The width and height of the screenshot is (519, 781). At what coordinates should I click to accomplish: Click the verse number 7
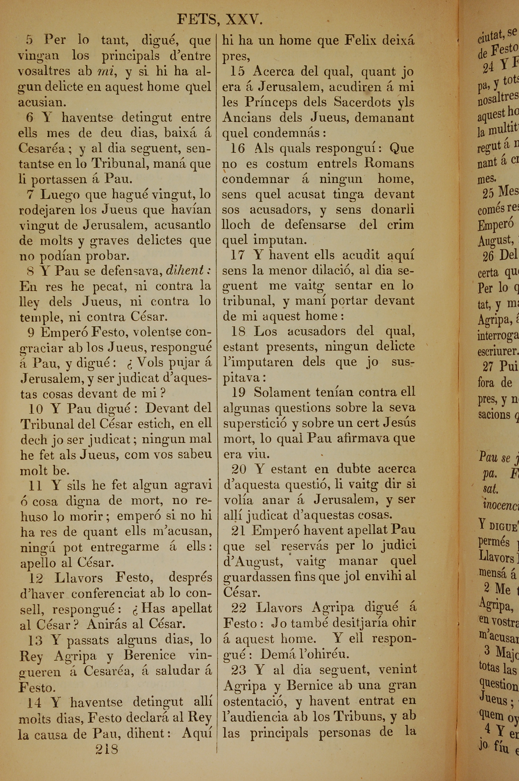(30, 194)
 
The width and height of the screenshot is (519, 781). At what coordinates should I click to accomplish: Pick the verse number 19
(238, 393)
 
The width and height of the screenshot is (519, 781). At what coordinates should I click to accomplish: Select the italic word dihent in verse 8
(184, 271)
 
